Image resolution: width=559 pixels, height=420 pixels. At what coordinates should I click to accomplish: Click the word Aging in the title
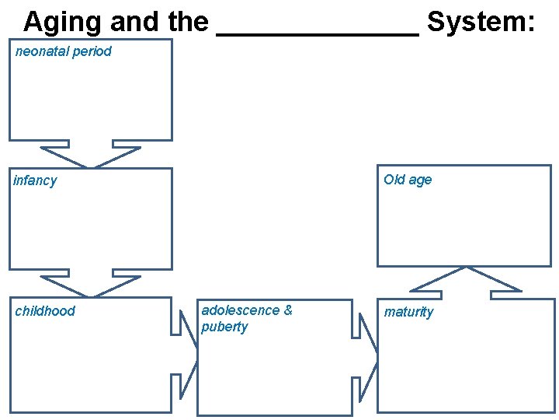62,23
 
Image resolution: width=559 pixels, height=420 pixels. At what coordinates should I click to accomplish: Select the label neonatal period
64,51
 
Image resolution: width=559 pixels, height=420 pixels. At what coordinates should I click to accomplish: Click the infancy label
36,180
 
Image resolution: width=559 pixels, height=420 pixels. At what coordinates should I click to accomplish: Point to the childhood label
45,311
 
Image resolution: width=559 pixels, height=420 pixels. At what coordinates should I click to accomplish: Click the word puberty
224,327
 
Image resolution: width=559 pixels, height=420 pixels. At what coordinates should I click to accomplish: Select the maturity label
408,312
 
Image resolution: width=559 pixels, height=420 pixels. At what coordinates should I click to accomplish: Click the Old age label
408,180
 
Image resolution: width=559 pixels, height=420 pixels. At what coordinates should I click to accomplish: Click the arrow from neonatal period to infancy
91,154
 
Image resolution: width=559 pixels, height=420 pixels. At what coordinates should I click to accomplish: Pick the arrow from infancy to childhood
91,283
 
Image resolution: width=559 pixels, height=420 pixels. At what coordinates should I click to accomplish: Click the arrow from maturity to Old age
466,282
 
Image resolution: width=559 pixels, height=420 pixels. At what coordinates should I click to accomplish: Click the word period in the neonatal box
93,51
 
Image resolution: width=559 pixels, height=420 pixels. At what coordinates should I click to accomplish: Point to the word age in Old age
420,180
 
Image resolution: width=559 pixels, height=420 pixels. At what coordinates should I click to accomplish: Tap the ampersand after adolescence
288,310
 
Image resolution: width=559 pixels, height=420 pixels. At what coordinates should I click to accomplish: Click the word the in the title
189,23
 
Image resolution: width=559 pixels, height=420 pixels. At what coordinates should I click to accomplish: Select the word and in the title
137,23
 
